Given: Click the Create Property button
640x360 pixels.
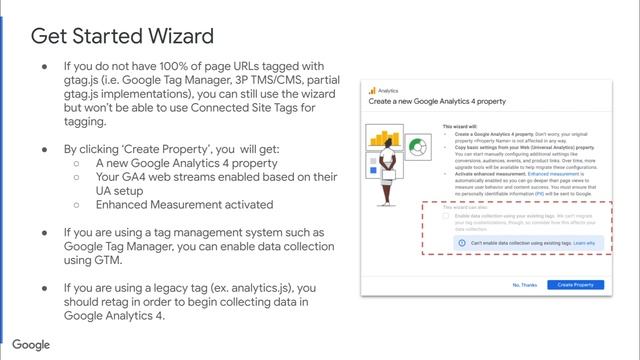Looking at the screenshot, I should (x=575, y=285).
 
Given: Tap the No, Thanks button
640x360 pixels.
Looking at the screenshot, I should (x=525, y=285).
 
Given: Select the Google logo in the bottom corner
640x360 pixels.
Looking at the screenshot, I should (x=32, y=345).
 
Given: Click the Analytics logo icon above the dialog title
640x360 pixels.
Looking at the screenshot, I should (x=372, y=90).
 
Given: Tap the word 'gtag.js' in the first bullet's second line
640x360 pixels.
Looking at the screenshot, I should (x=88, y=81).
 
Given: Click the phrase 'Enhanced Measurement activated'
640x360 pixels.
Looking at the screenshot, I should (x=185, y=205).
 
